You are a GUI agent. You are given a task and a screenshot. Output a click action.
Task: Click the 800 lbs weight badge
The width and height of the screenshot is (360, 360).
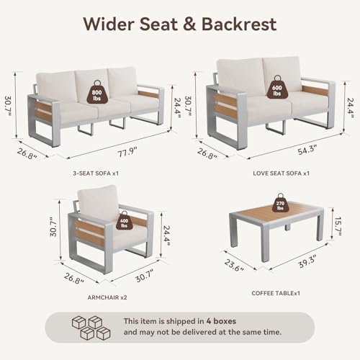coord(96,93)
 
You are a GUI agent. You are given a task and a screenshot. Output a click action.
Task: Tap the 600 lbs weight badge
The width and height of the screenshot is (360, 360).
coord(277,87)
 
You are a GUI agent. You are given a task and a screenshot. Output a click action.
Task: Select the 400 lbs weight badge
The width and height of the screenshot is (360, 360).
coord(124,221)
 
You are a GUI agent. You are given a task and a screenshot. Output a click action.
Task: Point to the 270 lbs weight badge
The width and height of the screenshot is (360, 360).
coord(280,203)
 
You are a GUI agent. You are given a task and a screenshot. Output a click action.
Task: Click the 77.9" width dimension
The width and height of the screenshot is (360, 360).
coord(127,152)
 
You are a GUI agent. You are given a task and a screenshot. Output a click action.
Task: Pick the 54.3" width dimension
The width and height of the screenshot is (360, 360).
coord(307,150)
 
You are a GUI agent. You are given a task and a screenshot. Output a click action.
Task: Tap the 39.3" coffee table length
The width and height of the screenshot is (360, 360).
coord(307,261)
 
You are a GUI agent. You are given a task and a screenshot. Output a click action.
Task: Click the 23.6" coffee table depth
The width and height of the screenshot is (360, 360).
coord(234,266)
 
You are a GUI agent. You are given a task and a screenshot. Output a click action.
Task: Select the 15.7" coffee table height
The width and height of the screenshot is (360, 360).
coord(338,226)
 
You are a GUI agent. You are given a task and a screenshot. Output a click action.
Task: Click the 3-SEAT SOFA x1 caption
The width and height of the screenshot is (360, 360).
coord(96,174)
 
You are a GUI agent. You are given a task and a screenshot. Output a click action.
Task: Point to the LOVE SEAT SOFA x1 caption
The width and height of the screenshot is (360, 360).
coord(281,174)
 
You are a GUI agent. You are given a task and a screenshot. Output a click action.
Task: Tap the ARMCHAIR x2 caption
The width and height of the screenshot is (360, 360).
coord(107,297)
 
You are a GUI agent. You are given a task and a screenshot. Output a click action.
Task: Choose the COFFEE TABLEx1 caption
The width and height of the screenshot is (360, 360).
coord(276,293)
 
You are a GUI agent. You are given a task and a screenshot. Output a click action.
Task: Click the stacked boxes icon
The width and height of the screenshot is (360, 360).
coord(91,328)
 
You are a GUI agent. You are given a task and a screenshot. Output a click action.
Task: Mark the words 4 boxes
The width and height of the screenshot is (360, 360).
coord(221,321)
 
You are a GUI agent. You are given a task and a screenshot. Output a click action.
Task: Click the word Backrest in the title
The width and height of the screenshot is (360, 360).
coord(239,24)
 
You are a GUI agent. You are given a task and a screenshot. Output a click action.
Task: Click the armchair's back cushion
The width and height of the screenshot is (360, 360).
coord(99,202)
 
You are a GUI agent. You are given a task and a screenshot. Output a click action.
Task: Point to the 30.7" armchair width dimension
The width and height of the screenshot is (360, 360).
coord(145,276)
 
